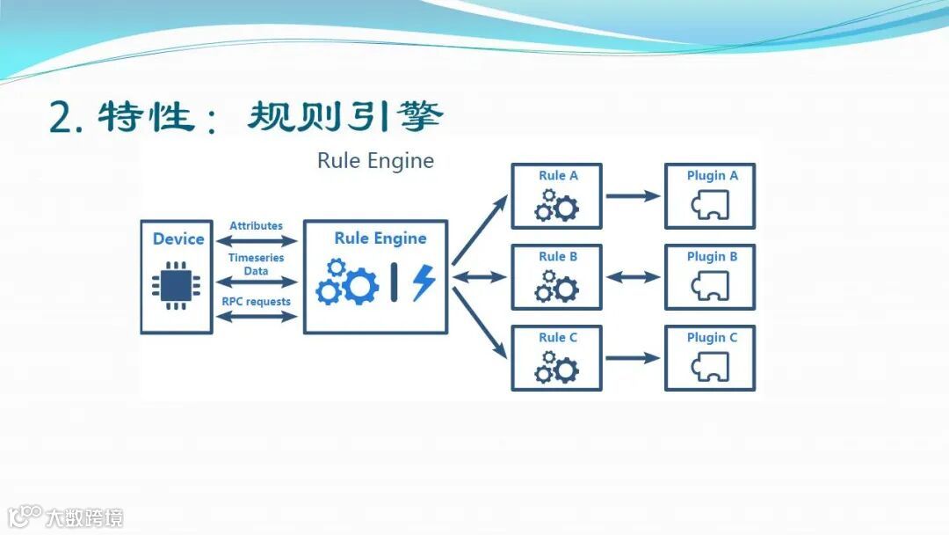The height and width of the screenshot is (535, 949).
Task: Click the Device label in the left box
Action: [177, 238]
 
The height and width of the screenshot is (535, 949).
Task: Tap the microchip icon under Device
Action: [176, 284]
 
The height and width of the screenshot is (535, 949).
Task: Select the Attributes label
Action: [256, 226]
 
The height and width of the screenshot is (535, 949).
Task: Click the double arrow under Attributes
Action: [257, 239]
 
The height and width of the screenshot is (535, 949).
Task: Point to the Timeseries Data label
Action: [256, 264]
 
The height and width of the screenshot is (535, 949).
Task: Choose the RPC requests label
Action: [256, 302]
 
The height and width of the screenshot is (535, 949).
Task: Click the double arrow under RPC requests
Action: [257, 316]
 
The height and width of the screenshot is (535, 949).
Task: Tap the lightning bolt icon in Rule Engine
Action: [424, 282]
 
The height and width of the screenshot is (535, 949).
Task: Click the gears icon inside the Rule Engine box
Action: [347, 282]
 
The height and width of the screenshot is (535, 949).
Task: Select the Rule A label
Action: [558, 176]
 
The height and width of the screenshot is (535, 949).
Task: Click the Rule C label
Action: [558, 338]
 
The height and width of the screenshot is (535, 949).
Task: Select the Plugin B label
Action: [712, 257]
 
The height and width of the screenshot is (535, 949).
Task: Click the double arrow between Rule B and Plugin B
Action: [633, 277]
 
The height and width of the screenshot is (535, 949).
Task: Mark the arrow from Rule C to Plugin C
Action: [633, 358]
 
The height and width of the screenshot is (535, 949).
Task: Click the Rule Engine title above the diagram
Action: [375, 161]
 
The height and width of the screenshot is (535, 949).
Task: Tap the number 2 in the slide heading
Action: [62, 118]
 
